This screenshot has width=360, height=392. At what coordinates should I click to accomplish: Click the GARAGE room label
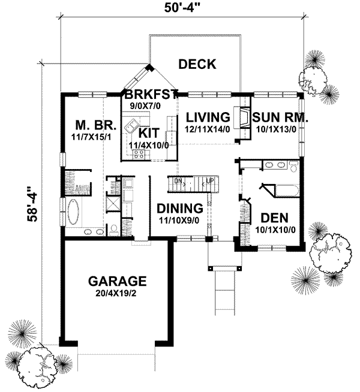(117, 281)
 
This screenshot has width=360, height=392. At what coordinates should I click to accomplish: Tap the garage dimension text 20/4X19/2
(117, 294)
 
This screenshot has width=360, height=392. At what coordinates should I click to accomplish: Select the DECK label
(197, 64)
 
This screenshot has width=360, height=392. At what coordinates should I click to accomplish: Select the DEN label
(272, 217)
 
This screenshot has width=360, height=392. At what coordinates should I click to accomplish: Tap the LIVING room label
(208, 116)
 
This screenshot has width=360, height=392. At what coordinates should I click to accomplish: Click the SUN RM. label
(280, 116)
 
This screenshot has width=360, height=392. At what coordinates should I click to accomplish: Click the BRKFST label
(151, 94)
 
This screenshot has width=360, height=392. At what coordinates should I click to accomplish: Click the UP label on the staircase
(209, 180)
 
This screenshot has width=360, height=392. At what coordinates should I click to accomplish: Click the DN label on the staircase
(178, 180)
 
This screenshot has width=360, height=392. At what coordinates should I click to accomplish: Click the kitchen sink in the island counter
(130, 128)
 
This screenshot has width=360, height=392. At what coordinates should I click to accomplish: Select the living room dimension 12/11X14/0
(208, 128)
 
